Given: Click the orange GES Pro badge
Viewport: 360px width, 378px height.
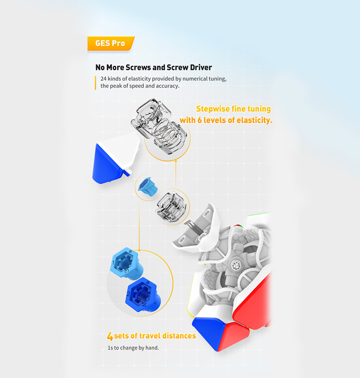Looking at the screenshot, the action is [111, 44].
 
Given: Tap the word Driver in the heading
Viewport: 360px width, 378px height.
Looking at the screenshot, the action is [201, 68].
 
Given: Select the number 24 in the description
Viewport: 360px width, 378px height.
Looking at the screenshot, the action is [104, 79].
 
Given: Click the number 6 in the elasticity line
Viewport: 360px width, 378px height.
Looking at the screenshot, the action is [200, 120].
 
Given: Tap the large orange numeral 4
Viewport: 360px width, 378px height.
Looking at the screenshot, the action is [110, 336].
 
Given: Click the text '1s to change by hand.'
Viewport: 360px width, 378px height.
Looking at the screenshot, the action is [133, 348].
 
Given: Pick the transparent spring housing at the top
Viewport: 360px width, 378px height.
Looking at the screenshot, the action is [159, 127].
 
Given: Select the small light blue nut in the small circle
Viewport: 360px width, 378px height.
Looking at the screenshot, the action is [148, 187].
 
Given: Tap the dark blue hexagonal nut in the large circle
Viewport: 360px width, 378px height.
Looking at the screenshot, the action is [143, 295].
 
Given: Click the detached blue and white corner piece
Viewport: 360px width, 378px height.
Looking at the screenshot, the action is [116, 159].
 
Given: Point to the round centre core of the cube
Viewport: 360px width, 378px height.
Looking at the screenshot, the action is [235, 266].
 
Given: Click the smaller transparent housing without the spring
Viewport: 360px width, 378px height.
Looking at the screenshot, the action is [171, 207].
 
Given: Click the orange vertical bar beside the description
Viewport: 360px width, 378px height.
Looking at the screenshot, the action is [96, 83].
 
